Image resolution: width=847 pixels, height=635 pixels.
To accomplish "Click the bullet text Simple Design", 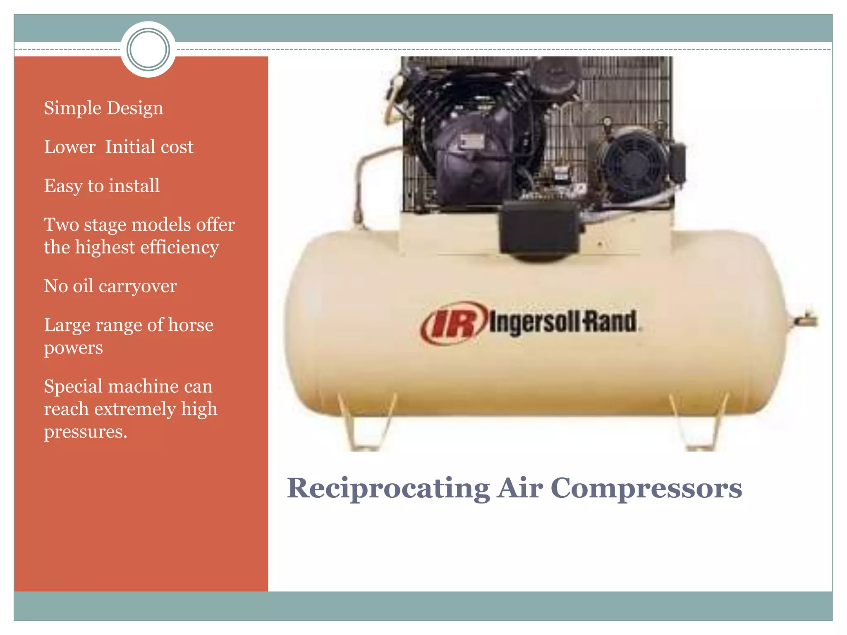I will [103, 108].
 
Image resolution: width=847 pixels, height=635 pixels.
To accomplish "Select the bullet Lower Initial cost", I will [119, 147].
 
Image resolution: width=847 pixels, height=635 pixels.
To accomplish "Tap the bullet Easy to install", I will [102, 186].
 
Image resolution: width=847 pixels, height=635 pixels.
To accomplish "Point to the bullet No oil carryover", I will [110, 286].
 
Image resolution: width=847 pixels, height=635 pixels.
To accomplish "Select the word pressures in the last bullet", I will [86, 432].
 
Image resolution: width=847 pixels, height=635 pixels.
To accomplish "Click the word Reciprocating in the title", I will [388, 488].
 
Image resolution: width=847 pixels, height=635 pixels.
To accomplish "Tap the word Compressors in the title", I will [646, 488].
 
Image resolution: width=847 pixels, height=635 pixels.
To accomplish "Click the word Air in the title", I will [520, 488].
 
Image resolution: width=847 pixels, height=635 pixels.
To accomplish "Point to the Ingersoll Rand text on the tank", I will [563, 322].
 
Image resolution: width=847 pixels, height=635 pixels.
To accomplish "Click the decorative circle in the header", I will [148, 49].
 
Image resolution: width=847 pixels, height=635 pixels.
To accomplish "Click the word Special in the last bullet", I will [73, 387].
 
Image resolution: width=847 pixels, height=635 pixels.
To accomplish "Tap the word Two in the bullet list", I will [61, 225].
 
